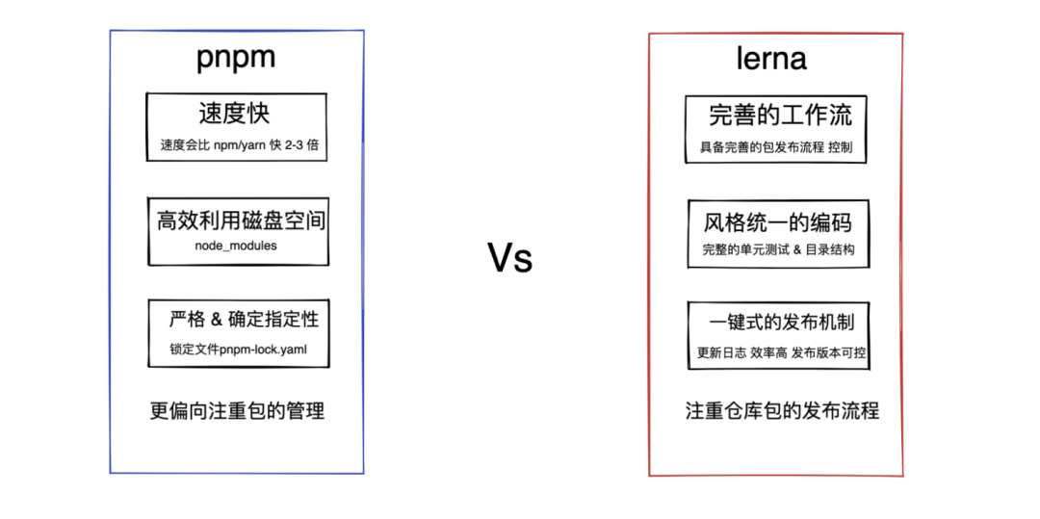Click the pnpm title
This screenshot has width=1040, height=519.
pos(236,57)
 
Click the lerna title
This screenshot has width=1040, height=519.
pos(770,59)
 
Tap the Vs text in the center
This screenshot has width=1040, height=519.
pos(509,258)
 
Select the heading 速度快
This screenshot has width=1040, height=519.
pos(234,114)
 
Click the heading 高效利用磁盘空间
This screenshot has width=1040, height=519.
pos(241,221)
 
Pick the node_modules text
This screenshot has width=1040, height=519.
pos(235,247)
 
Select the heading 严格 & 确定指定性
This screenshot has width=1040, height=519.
pos(243,319)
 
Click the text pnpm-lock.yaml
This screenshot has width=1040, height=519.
pos(263,350)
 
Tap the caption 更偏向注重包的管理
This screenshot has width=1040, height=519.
pos(237,411)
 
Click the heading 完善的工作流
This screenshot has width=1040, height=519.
pos(780,117)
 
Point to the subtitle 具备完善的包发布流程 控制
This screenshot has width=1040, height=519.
pos(776,148)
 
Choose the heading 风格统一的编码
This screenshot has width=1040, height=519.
pos(778,223)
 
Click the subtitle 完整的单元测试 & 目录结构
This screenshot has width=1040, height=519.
pos(778,250)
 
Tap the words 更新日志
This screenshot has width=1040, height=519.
pos(721,353)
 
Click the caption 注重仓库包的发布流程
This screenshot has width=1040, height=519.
pos(782,411)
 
